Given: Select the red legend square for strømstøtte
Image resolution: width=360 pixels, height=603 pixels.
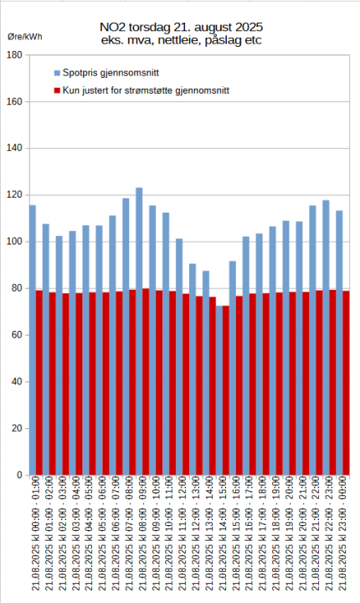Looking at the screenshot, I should pyautogui.click(x=57, y=90).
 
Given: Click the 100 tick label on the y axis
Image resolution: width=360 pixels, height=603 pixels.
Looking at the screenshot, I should pyautogui.click(x=14, y=242).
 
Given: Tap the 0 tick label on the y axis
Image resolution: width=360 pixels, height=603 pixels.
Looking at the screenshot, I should pyautogui.click(x=18, y=476).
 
